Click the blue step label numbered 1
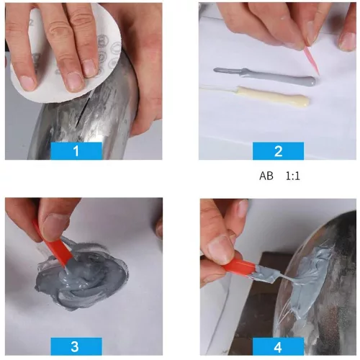76,150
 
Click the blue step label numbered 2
278,151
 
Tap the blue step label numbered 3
76,345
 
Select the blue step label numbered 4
278,345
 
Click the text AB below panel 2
266,175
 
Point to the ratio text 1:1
293,175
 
